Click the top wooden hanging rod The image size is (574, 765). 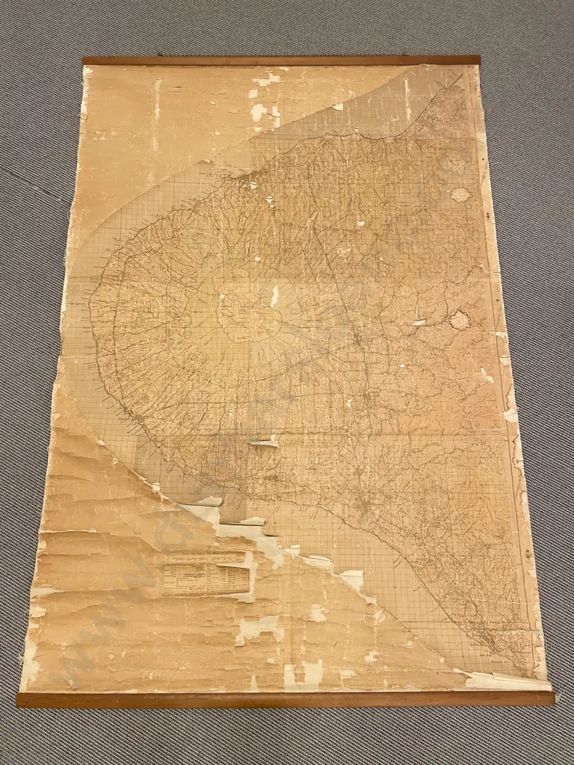[x=281, y=61]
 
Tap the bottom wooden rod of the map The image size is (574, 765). [x=284, y=699]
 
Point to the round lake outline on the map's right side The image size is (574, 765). [x=460, y=320]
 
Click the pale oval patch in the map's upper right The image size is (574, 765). [x=460, y=195]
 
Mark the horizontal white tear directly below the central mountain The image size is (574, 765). [x=263, y=443]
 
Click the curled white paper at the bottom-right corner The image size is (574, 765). [x=508, y=681]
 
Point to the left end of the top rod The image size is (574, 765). [x=85, y=61]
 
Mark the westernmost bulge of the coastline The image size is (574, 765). [x=92, y=306]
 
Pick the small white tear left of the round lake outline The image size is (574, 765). [x=419, y=323]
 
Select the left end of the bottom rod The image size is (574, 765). [x=20, y=701]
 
